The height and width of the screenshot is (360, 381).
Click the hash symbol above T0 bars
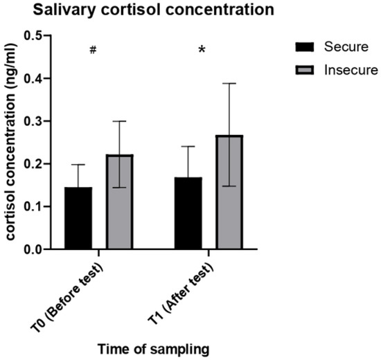pyautogui.click(x=91, y=51)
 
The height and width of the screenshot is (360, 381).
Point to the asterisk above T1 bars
pyautogui.click(x=202, y=51)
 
